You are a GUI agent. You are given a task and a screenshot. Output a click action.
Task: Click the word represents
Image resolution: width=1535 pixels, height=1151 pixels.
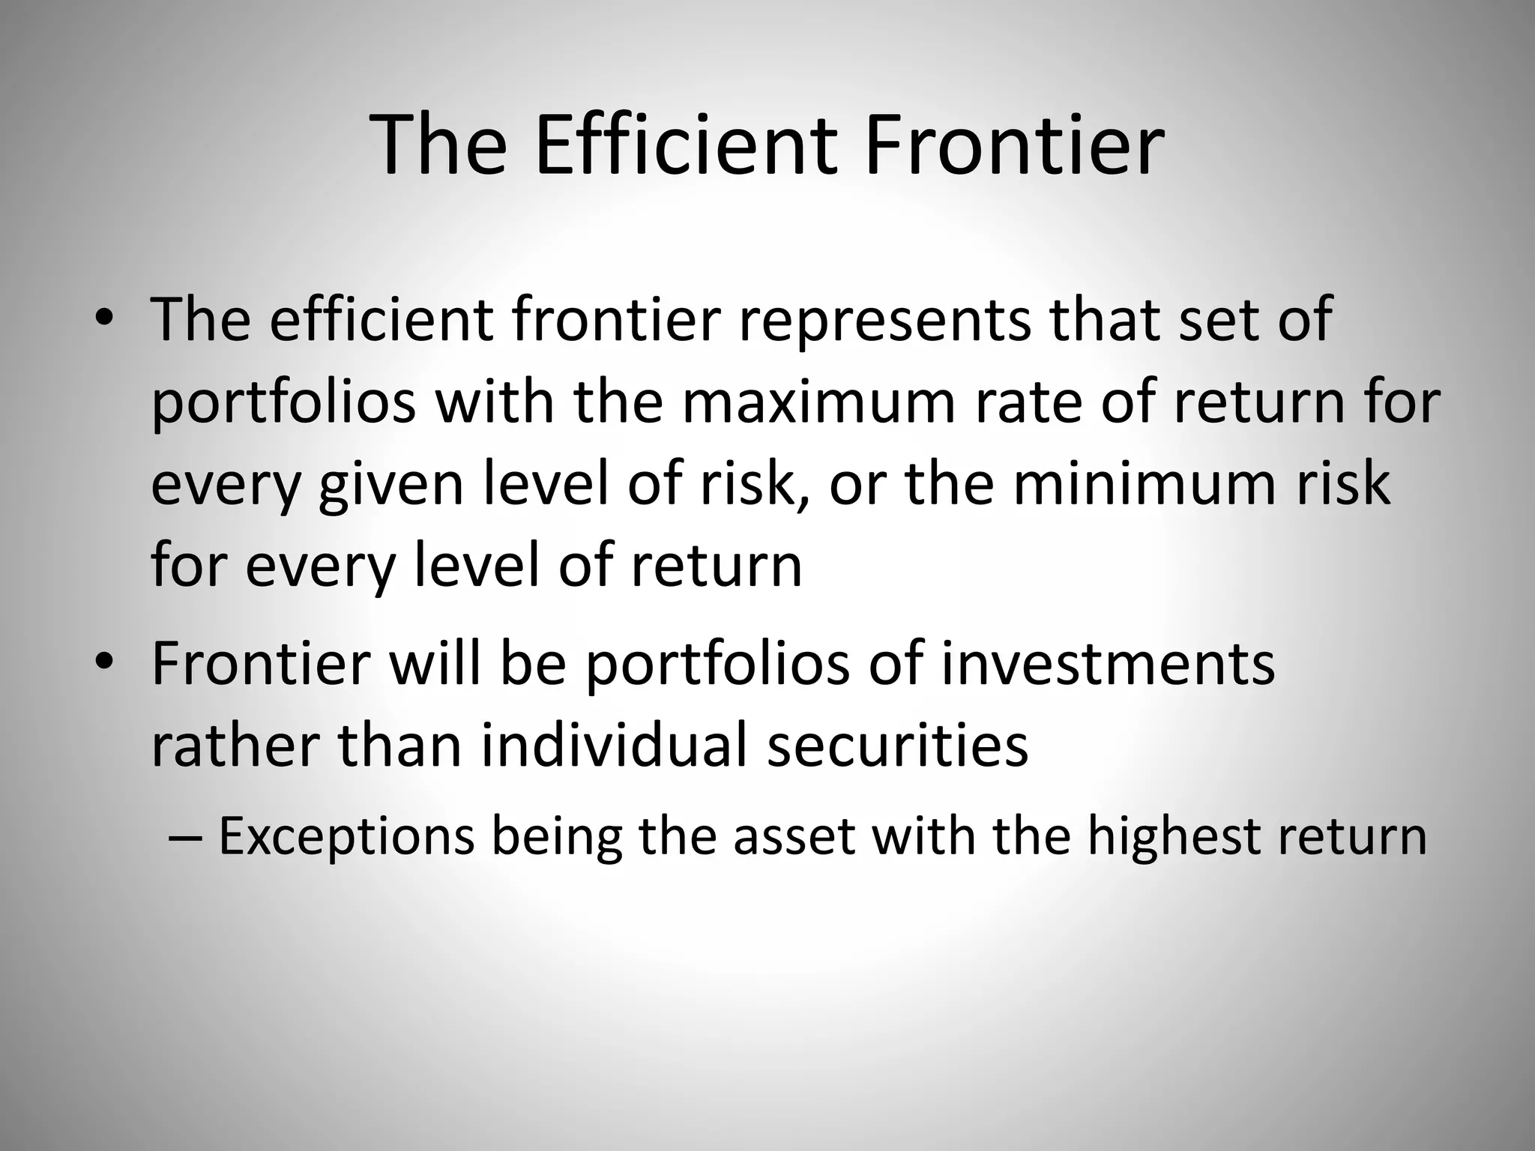click(884, 321)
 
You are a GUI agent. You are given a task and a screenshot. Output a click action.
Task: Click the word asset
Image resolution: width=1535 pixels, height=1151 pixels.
click(794, 837)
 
